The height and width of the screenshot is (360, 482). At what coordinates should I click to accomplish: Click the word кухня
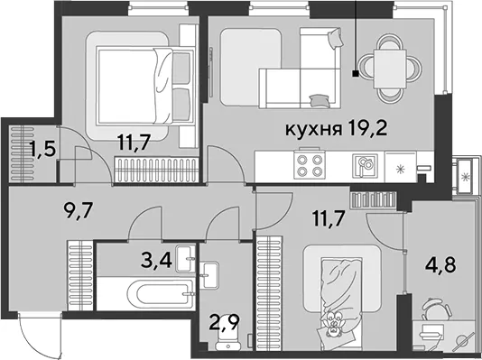pos(313,130)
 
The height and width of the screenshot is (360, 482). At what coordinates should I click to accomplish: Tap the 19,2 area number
pos(367,128)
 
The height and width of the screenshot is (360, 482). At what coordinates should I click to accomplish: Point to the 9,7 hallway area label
pos(78,211)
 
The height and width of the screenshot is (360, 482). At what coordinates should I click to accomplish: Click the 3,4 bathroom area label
pos(156,260)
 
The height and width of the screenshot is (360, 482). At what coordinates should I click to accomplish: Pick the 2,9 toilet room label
pos(224,321)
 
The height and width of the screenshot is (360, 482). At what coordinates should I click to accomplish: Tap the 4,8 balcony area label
pos(440,264)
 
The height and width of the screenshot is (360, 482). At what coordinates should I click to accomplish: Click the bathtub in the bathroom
pos(162,293)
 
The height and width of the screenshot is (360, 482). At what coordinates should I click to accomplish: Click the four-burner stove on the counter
pos(310,165)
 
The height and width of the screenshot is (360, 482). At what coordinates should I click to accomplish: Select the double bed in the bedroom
pos(145,86)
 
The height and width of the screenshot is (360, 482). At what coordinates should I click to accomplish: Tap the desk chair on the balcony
pos(436,308)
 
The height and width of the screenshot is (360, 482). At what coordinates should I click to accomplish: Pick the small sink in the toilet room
pos(209,275)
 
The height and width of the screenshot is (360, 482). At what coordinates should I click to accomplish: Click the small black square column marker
pos(356,73)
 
